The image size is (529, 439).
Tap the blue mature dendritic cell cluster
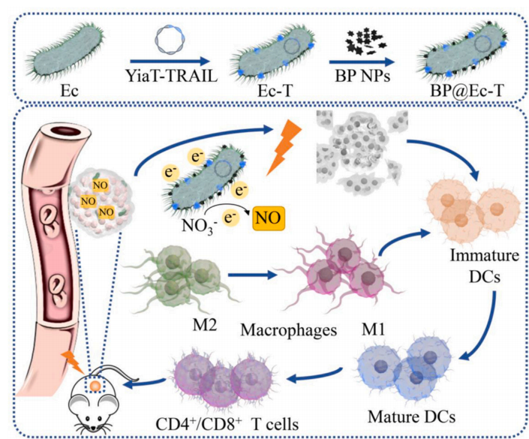(421, 365)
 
